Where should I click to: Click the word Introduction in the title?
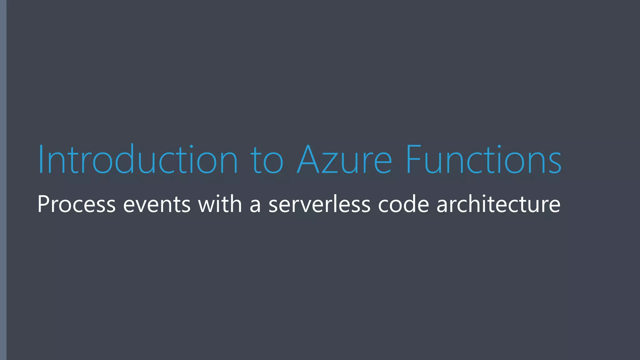point(137,159)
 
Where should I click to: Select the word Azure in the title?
point(344,159)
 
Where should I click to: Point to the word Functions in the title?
point(483,159)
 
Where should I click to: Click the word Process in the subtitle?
point(76,204)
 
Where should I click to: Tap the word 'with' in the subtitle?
point(220,204)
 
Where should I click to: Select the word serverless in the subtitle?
point(319,204)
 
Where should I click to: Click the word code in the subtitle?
point(403,204)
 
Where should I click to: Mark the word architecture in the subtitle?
point(498,204)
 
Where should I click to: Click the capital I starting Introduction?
point(41,159)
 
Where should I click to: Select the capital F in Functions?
point(413,159)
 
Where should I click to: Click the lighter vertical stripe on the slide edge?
point(3,180)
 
